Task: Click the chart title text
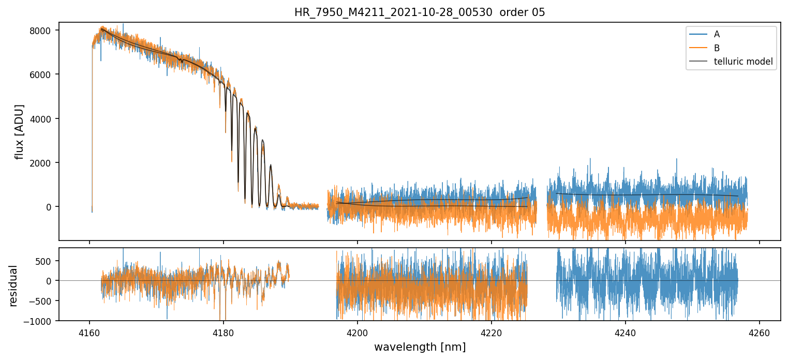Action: [x=420, y=12]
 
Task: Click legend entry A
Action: [x=717, y=34]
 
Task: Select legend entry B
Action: [x=717, y=48]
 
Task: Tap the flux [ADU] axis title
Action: [x=20, y=131]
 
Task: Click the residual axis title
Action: [x=13, y=286]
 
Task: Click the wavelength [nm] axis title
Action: [x=420, y=347]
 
